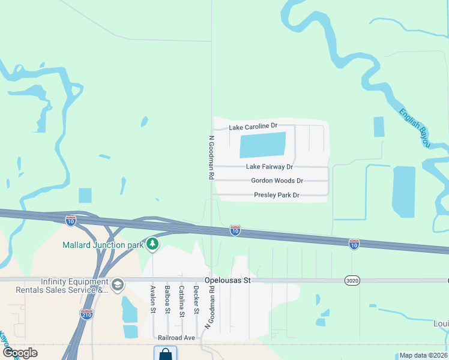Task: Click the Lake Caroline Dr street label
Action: click(x=253, y=126)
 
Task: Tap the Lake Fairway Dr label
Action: click(x=270, y=167)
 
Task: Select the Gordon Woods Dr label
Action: click(x=277, y=181)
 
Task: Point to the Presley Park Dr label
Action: click(x=276, y=195)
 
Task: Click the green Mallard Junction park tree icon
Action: click(x=153, y=244)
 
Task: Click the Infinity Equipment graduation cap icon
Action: click(x=118, y=284)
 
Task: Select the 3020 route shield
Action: click(x=352, y=280)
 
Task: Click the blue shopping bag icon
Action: click(x=165, y=353)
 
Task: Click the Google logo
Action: click(x=20, y=353)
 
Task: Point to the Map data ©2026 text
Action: click(x=424, y=355)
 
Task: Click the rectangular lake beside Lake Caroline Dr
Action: click(x=262, y=145)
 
